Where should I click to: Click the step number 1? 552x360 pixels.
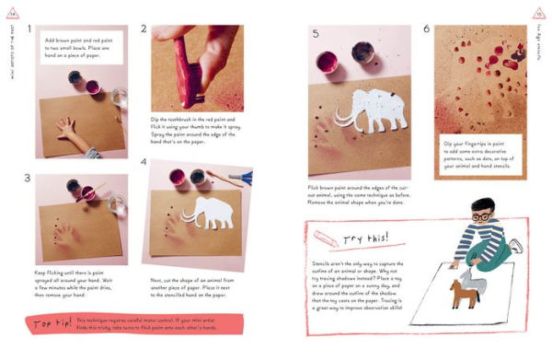(x=30, y=29)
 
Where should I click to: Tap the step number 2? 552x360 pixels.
(x=144, y=29)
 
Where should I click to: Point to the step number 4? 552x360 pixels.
(x=144, y=162)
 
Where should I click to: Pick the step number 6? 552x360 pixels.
(x=426, y=29)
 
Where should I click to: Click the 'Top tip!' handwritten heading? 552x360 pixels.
(x=53, y=325)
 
